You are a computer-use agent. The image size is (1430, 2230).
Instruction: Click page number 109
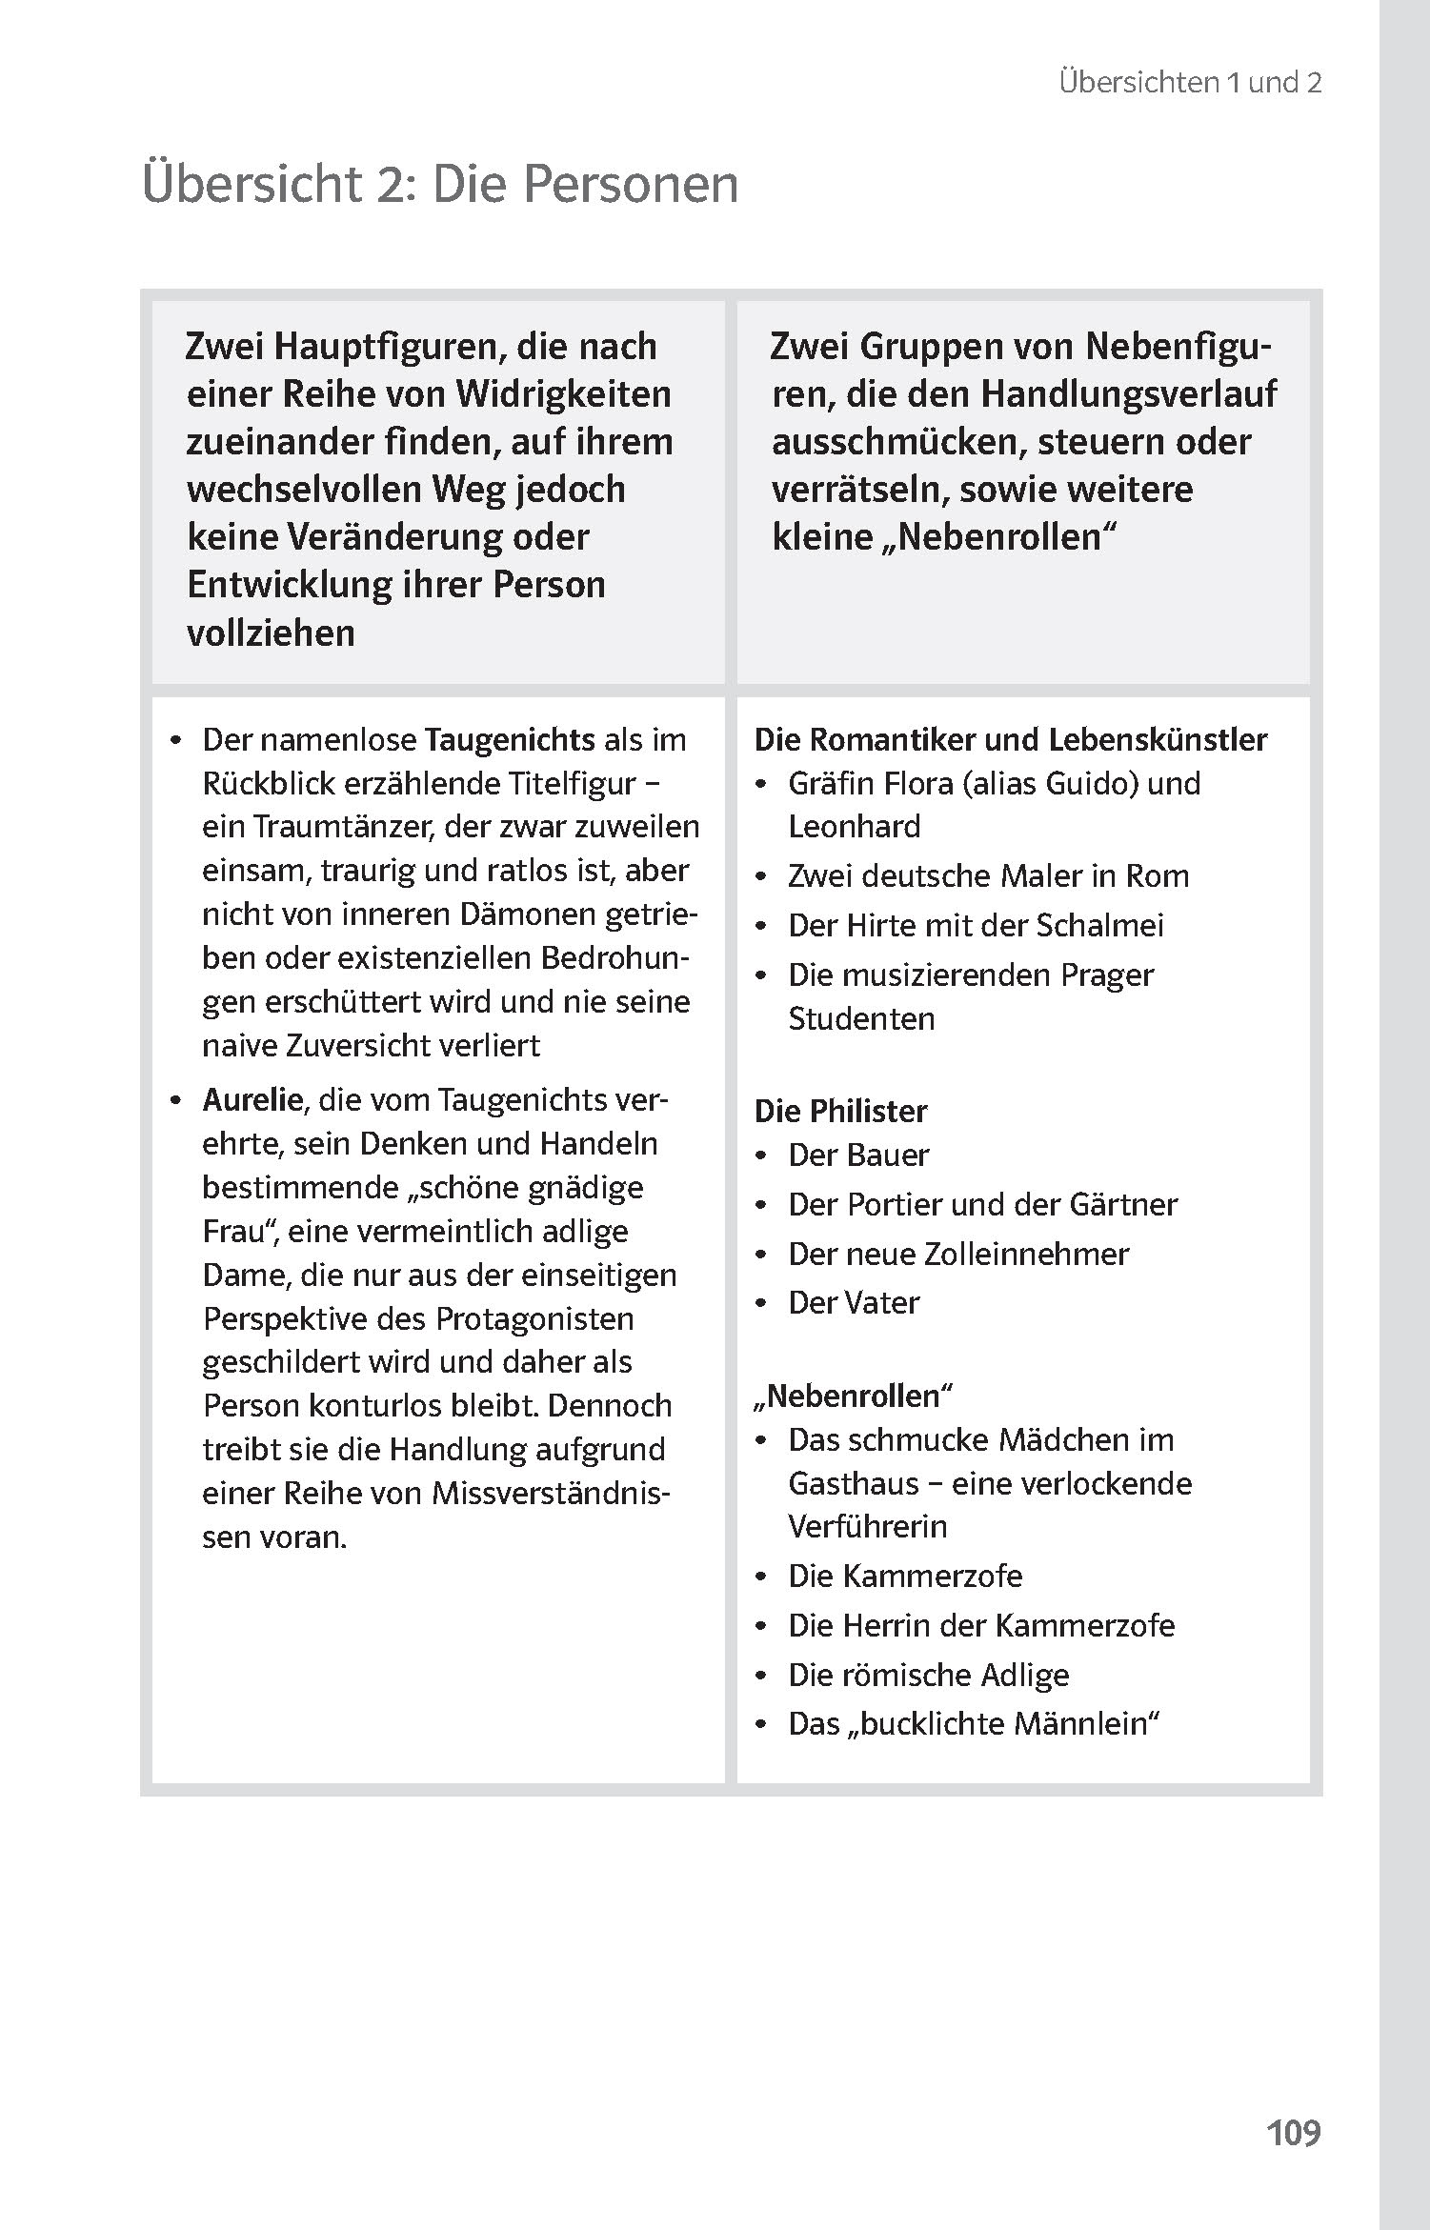(1293, 2132)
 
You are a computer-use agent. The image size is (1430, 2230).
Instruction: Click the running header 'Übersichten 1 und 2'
(1190, 83)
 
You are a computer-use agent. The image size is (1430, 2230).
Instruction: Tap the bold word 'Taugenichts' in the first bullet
(510, 739)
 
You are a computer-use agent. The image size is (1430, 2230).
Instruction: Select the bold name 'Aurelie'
(252, 1099)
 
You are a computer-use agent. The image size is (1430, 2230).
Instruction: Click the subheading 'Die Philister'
(840, 1111)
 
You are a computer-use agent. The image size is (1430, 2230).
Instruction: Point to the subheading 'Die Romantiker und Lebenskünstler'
(1011, 739)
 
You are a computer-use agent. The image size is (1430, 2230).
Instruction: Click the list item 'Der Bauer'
(857, 1155)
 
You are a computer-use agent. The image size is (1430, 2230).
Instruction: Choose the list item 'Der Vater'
(854, 1302)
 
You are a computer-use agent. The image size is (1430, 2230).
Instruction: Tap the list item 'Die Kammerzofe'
(905, 1576)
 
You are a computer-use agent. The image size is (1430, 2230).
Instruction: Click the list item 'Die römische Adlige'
(928, 1675)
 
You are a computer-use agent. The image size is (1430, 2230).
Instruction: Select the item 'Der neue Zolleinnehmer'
(957, 1254)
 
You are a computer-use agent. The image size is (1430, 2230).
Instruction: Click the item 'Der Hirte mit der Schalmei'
(976, 925)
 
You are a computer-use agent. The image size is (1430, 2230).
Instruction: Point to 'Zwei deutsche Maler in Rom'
(988, 875)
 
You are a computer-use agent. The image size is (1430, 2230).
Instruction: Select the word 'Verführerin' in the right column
(867, 1526)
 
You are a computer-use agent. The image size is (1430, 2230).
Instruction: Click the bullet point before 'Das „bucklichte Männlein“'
(760, 1725)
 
